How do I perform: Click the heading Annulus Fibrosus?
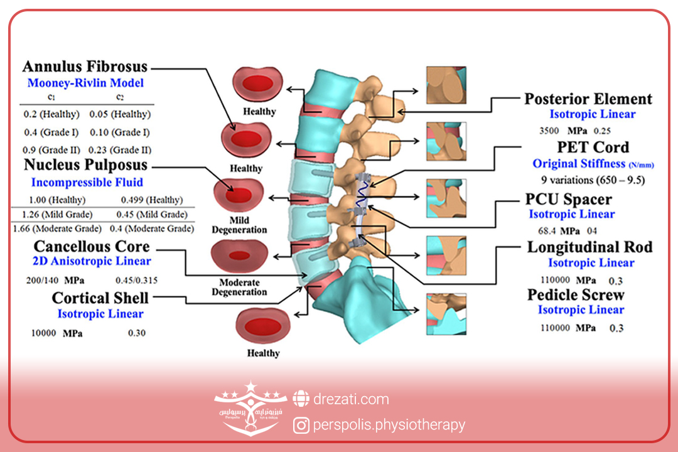(85, 67)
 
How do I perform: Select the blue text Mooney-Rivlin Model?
(85, 83)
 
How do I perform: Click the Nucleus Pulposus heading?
(85, 166)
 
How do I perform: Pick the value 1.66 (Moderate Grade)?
(57, 229)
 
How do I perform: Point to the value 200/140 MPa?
(56, 278)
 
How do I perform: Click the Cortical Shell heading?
(100, 298)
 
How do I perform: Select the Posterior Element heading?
(588, 99)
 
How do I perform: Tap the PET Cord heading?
(593, 148)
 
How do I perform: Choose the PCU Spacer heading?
(568, 199)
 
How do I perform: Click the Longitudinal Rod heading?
(589, 247)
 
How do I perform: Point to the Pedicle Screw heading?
(576, 295)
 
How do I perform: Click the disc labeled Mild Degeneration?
(239, 197)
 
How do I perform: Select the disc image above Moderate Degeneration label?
(240, 256)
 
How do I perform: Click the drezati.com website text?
(351, 399)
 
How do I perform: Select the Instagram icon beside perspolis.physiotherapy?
(302, 426)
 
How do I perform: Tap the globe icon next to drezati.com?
(301, 399)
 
